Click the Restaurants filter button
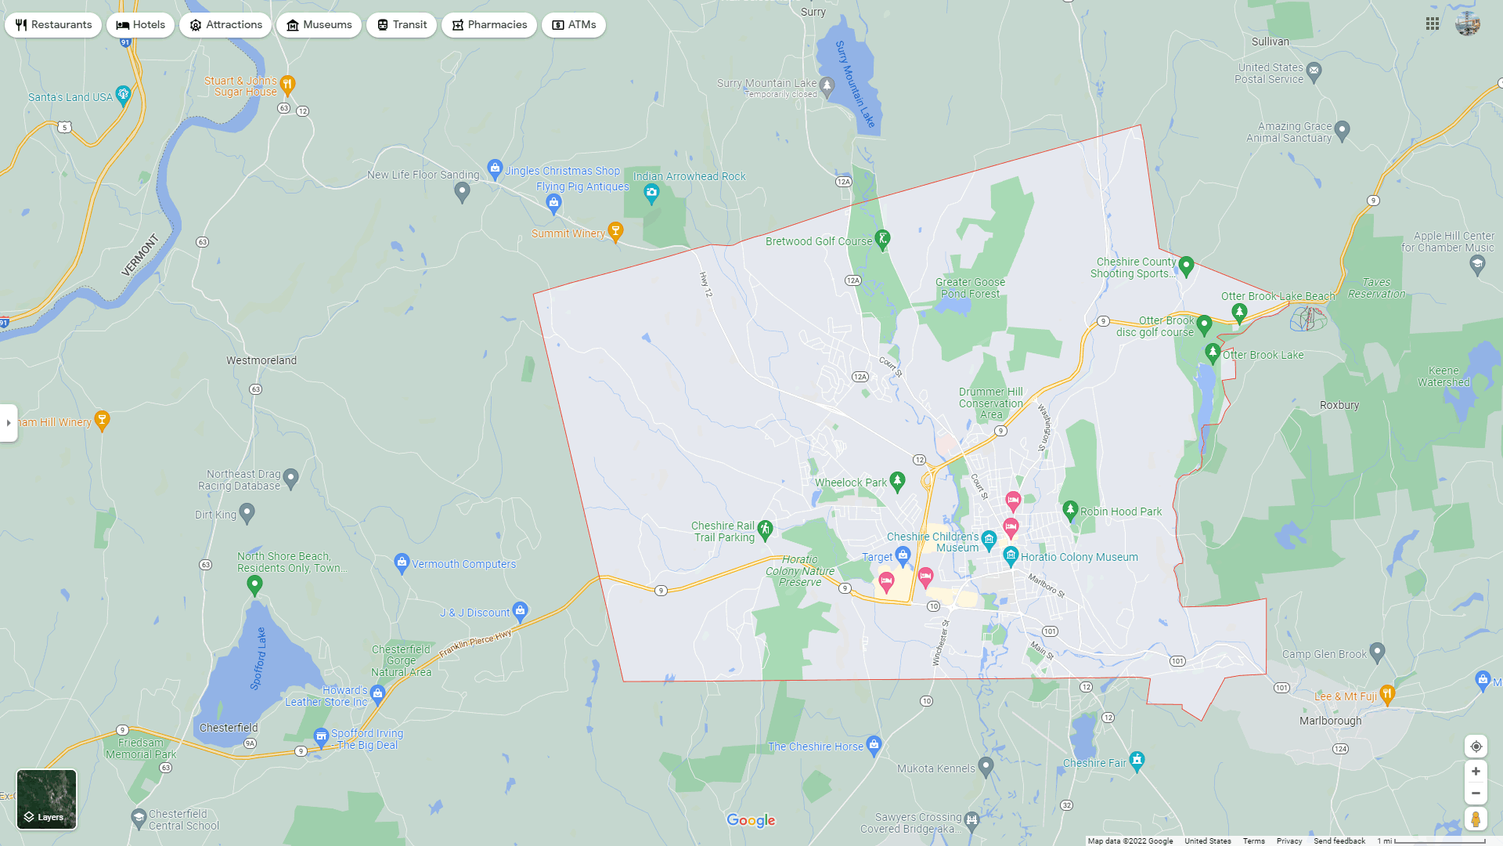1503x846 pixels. (53, 25)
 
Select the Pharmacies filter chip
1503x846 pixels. (488, 25)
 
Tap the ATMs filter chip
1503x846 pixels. (574, 25)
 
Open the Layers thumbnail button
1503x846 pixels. (47, 799)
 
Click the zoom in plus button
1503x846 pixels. (1476, 772)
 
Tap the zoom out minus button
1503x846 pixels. (1476, 794)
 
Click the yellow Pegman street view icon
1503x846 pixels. (1476, 819)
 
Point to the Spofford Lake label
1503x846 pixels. (258, 658)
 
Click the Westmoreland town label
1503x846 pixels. (261, 361)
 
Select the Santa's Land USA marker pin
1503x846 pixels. (123, 95)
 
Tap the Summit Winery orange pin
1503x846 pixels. (616, 230)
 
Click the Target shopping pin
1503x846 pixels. (903, 555)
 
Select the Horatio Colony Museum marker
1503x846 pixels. (1010, 555)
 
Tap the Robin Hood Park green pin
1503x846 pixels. (1070, 509)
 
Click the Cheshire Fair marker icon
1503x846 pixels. (1137, 759)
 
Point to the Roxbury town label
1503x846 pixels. (1339, 406)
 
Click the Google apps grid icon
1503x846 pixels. (1433, 24)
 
